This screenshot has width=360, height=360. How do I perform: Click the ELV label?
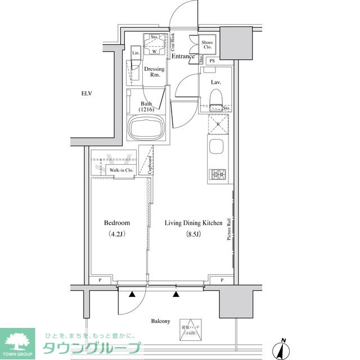click(86, 93)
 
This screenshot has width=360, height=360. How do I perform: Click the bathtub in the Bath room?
click(146, 129)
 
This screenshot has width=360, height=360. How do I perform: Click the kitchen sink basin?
click(217, 149)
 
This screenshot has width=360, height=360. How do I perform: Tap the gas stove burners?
click(217, 175)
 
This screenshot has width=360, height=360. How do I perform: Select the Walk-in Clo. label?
click(120, 169)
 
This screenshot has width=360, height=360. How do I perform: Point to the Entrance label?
click(183, 56)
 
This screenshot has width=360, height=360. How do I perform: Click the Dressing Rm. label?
click(154, 72)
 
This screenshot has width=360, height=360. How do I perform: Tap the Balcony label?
click(160, 321)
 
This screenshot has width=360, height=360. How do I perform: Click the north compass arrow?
click(282, 349)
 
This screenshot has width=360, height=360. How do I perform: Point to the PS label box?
click(212, 61)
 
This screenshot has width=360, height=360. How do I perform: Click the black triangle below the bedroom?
click(132, 294)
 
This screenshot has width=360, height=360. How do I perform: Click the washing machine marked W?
click(154, 49)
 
